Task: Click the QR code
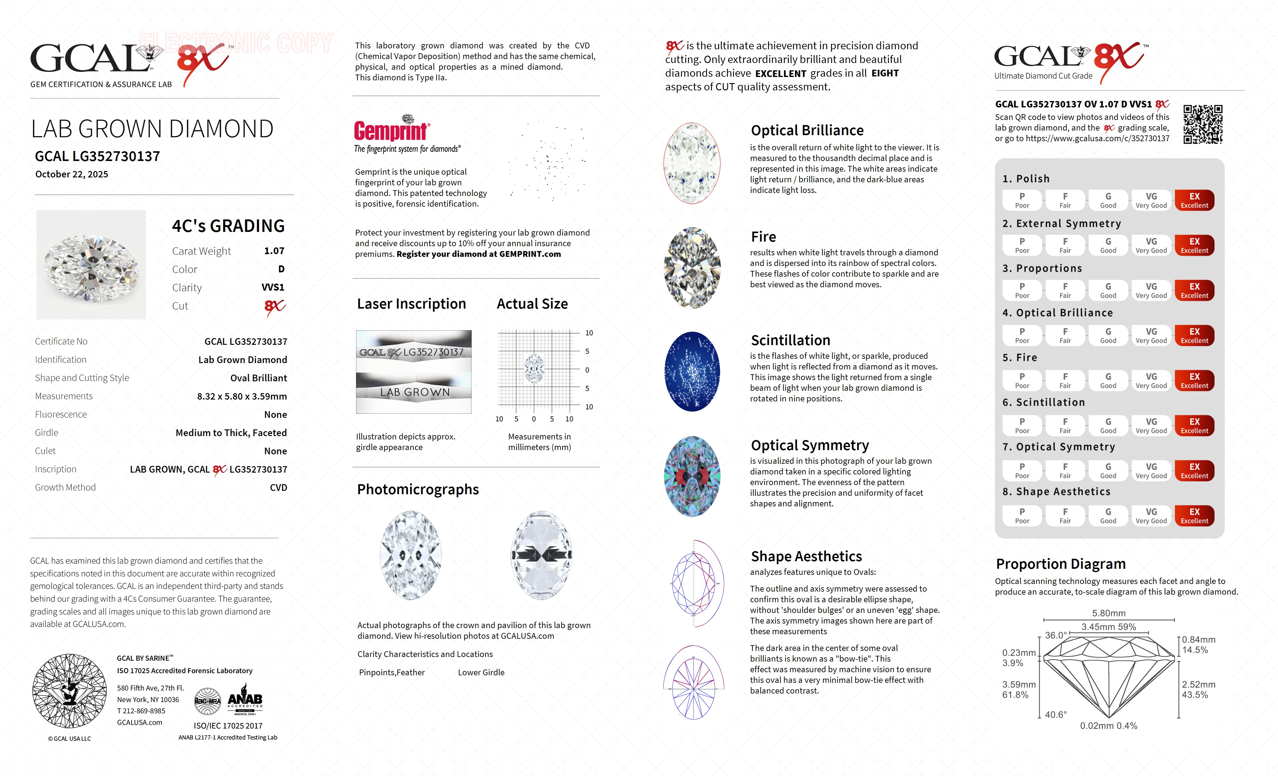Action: point(1202,124)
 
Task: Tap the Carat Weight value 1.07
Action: point(274,251)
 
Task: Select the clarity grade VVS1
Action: point(273,287)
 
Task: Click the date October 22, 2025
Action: point(72,174)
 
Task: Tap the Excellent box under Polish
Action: point(1194,200)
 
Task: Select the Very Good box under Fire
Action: point(1151,380)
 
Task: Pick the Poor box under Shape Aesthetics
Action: point(1022,516)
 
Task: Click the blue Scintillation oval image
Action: point(692,371)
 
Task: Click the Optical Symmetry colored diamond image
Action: point(692,476)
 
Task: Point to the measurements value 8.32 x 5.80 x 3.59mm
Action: point(242,396)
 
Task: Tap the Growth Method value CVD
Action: point(278,488)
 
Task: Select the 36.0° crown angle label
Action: point(1056,635)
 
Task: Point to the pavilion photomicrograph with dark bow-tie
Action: point(542,555)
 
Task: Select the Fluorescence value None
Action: point(275,414)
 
